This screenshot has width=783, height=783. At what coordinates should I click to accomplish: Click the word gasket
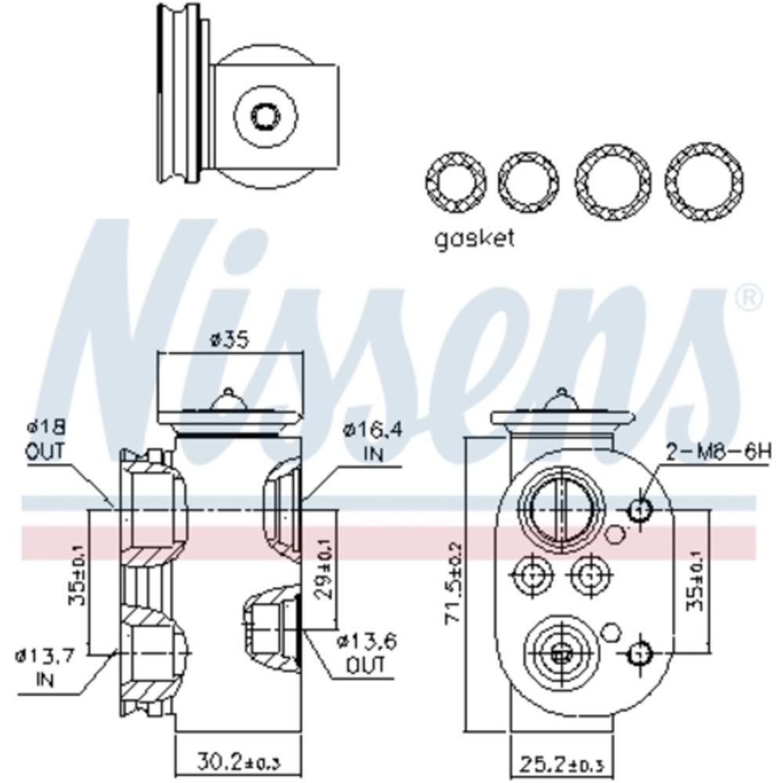tap(475, 237)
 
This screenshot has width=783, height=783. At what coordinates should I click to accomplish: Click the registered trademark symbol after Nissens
tap(749, 296)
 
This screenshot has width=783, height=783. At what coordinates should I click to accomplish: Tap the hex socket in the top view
tap(265, 116)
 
